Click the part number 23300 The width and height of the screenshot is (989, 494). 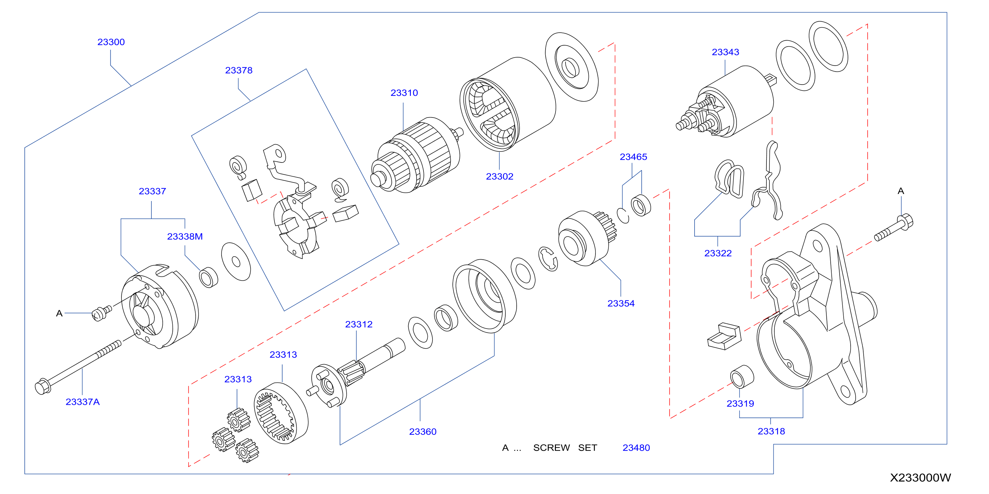pyautogui.click(x=111, y=42)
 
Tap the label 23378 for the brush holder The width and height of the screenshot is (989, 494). pyautogui.click(x=239, y=70)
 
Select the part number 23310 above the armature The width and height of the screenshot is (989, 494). pyautogui.click(x=404, y=93)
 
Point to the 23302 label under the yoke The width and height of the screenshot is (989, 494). pyautogui.click(x=500, y=176)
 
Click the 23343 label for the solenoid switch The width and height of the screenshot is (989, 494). pyautogui.click(x=725, y=52)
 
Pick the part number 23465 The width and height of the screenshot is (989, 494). pyautogui.click(x=633, y=157)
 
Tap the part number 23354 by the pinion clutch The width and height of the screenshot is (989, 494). pyautogui.click(x=621, y=304)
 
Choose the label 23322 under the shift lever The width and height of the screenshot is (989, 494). pyautogui.click(x=718, y=253)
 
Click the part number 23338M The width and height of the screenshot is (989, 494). pyautogui.click(x=185, y=237)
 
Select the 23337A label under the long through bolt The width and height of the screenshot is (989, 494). pyautogui.click(x=82, y=402)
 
